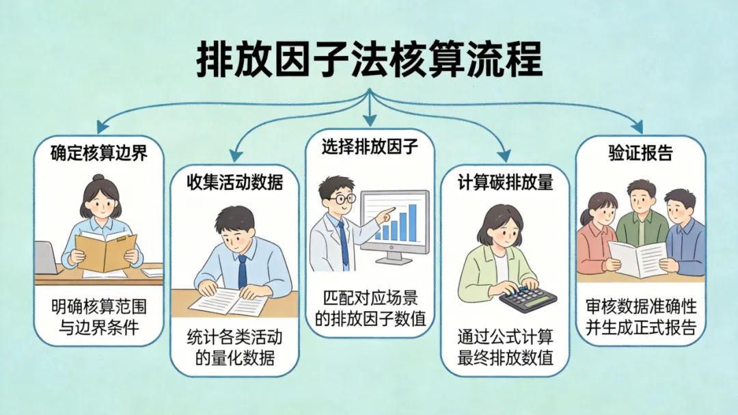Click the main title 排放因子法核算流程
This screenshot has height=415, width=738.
tap(369, 60)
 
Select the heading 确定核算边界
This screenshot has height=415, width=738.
tap(98, 152)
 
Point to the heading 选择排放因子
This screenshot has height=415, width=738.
tap(370, 146)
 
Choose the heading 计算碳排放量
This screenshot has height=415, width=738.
tap(505, 183)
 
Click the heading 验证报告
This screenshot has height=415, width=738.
tap(640, 152)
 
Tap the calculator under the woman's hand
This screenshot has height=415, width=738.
tap(528, 297)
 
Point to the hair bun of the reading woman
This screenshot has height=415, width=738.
tap(98, 178)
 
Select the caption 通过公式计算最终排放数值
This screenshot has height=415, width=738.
tap(505, 347)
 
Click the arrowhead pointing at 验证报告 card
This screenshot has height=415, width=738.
tap(638, 126)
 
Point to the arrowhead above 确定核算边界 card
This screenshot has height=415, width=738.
tap(102, 126)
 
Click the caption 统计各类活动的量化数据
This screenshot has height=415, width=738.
tap(234, 347)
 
